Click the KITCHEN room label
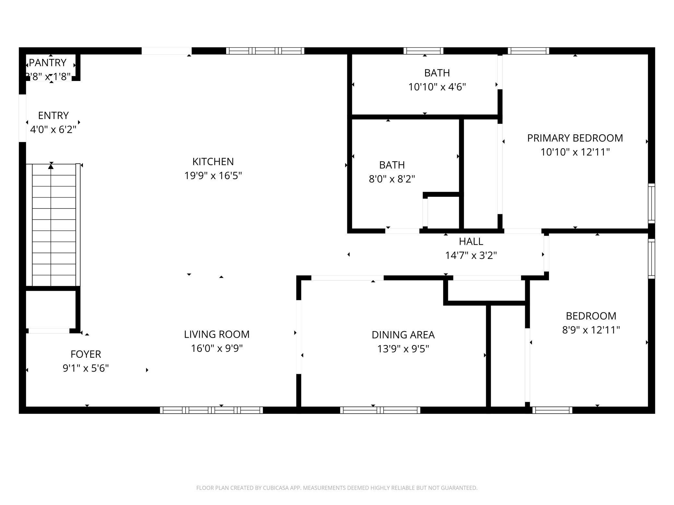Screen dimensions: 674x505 point(213,162)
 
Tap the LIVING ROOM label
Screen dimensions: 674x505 point(217,334)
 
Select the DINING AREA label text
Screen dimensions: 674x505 point(403,335)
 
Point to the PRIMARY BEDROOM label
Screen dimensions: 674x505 point(575,138)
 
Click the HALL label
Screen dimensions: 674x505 point(471,241)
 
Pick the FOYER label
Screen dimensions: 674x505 point(86,354)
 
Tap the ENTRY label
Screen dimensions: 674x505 point(53,116)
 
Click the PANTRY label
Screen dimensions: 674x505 point(48,62)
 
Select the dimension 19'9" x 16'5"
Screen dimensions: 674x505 point(213,176)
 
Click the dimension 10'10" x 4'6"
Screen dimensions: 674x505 point(437,87)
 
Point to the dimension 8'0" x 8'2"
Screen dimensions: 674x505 point(392,179)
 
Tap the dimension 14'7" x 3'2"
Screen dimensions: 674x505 point(471,256)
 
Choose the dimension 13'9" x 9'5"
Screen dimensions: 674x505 point(403,349)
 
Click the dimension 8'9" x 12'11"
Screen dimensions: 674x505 point(591,330)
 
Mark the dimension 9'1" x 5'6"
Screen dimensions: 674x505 point(86,368)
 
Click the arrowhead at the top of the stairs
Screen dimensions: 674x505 point(51,166)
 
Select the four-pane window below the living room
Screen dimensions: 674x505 point(211,410)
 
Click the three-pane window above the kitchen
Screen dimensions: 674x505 point(265,51)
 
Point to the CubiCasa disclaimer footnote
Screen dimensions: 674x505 point(337,488)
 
